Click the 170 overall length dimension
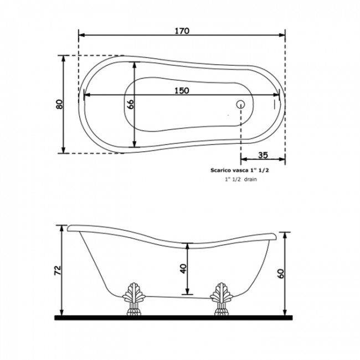[182, 31]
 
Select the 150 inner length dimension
[182, 91]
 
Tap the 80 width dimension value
[59, 104]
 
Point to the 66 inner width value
[130, 105]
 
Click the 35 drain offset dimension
[263, 155]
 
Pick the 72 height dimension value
[58, 270]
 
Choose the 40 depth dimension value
[183, 269]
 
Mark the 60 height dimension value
[281, 274]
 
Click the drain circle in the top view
[240, 105]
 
